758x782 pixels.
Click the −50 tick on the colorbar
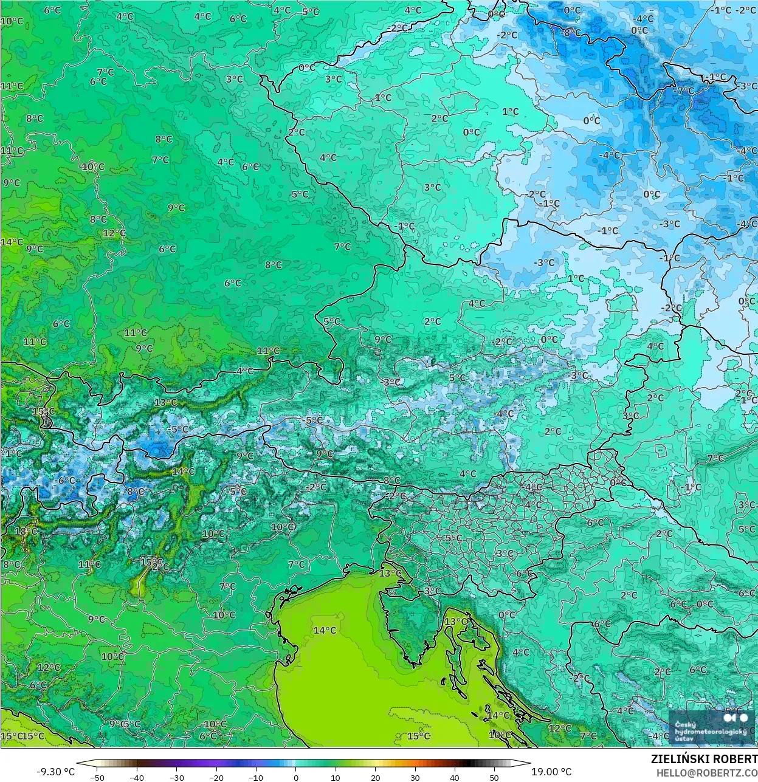[97, 777]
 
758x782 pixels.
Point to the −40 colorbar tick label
[137, 777]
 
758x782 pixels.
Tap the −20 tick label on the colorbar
[216, 777]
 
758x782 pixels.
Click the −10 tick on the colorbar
[256, 777]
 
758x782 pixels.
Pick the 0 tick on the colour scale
[296, 777]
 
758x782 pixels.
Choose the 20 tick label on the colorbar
[375, 777]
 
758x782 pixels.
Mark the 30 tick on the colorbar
[415, 777]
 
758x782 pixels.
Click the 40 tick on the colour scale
[455, 777]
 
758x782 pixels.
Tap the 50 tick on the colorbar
[494, 777]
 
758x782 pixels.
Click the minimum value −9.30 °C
[56, 772]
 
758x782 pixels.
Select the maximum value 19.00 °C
[551, 772]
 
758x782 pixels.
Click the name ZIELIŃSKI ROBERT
[704, 759]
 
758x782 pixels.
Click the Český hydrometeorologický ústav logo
[711, 727]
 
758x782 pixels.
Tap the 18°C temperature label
[26, 531]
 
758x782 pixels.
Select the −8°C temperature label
[571, 32]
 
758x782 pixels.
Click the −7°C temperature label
[684, 91]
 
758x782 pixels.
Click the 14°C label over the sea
[325, 630]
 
